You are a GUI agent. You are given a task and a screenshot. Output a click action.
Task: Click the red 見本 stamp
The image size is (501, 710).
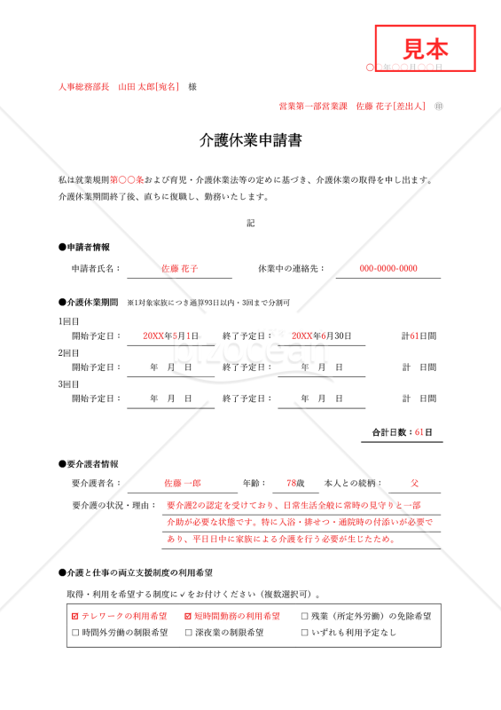[426, 48]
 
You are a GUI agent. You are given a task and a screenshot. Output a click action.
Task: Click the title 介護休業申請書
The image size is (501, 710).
[250, 140]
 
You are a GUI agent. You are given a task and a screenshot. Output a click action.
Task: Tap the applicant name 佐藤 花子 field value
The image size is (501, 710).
[179, 268]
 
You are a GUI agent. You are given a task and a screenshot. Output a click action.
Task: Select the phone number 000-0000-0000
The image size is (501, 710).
[387, 268]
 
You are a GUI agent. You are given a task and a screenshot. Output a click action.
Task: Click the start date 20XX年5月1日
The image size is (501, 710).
[171, 335]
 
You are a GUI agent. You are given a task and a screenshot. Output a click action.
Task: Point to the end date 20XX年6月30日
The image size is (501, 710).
[321, 335]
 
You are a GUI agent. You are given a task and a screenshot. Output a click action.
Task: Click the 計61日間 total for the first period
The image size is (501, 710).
[419, 335]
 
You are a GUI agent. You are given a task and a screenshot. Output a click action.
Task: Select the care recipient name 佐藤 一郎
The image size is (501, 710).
[183, 483]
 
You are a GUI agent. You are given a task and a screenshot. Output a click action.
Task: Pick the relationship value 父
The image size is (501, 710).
[414, 483]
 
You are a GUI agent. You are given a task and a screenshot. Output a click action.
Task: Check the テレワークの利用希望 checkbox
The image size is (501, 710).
[74, 615]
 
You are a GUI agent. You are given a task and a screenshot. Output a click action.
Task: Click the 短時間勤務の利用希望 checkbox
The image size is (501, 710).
[188, 615]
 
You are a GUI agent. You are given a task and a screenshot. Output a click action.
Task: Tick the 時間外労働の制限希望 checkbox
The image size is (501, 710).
[74, 633]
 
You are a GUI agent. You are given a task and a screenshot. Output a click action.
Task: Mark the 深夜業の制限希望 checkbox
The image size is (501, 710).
[188, 633]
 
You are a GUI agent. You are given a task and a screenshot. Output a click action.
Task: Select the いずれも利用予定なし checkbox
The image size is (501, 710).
[305, 633]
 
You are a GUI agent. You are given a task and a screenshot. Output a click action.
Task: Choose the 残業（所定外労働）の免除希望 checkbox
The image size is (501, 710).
[305, 615]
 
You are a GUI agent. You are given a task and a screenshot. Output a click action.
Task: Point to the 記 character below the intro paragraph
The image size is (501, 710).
[250, 223]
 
